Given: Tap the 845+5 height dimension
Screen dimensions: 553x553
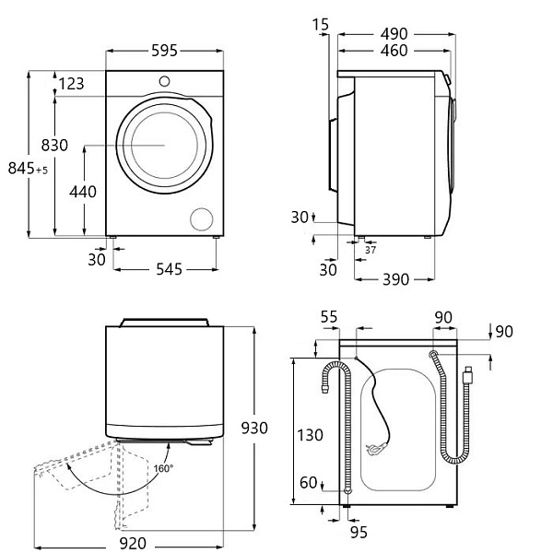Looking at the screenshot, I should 27,168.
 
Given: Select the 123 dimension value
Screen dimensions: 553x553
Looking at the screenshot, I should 71,84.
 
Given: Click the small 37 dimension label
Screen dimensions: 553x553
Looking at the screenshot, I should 371,249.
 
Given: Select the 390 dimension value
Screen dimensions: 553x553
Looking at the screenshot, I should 394,278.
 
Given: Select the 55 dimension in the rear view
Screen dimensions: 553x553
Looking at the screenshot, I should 329,317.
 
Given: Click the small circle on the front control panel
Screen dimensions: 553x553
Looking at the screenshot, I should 166,80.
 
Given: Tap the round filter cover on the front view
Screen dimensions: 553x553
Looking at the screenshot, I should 200,219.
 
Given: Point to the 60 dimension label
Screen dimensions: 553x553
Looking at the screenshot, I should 310,482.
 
